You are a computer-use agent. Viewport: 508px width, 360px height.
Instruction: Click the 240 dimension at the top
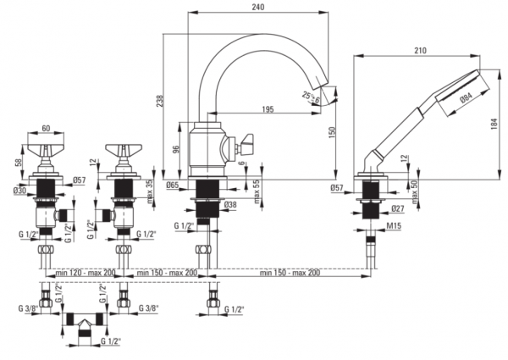257,7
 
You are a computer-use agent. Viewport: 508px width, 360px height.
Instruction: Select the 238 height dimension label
160,101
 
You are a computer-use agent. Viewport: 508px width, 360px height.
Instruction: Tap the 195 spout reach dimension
268,109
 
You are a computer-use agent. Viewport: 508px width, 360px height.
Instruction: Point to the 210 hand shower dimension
420,51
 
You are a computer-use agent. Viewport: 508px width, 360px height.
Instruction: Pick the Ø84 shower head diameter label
466,97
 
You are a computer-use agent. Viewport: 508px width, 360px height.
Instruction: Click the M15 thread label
394,225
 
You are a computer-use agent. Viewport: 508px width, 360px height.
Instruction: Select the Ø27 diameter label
398,208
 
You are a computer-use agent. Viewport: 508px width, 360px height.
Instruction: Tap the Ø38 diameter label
230,204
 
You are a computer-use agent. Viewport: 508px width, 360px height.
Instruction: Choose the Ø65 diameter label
173,185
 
